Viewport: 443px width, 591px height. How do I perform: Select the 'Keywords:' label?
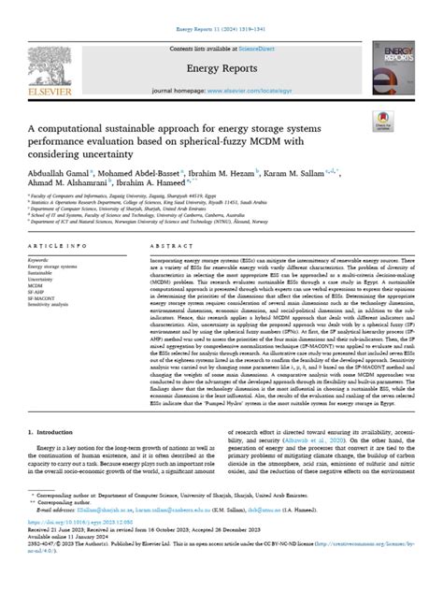coord(45,259)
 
